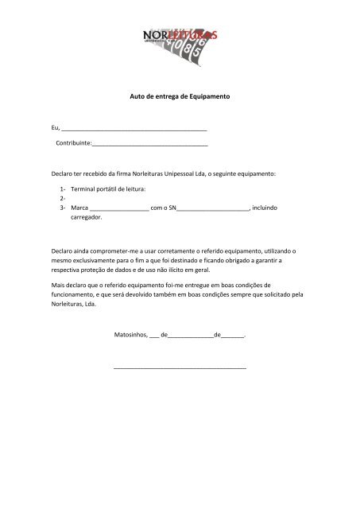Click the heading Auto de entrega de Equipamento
point(179,95)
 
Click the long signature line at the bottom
point(180,368)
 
